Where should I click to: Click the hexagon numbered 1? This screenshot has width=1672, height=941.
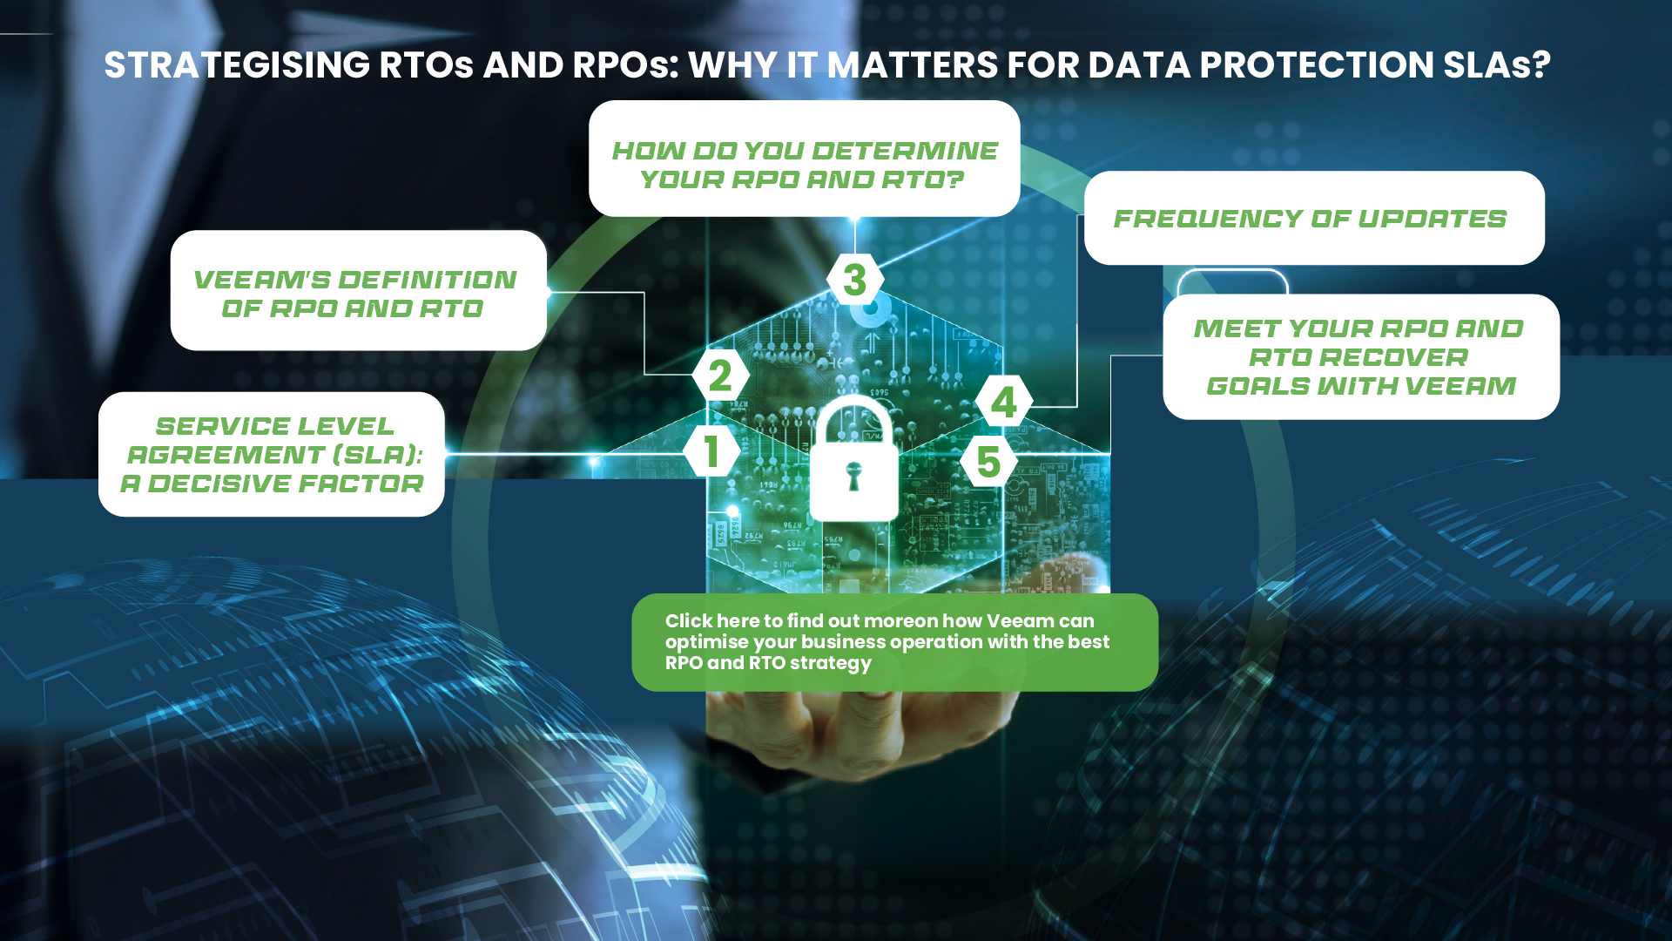pos(711,451)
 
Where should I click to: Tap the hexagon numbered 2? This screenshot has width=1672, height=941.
pos(720,376)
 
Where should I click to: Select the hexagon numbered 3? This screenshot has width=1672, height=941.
pos(855,280)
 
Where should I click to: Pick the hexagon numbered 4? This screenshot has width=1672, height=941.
pos(1004,402)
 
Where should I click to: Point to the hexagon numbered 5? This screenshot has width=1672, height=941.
pos(988,462)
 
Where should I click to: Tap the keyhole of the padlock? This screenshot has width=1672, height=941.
pos(853,475)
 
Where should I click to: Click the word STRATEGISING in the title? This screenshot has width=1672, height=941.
pos(237,65)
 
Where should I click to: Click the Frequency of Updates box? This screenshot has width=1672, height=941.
pos(1314,218)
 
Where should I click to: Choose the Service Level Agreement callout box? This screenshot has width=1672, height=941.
pos(272,454)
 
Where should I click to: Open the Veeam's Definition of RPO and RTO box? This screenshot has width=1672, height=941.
pos(359,290)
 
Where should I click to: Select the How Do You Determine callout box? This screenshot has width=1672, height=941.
pos(805,159)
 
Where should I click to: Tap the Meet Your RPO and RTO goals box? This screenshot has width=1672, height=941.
pos(1361,356)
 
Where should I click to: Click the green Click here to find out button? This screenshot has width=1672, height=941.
pos(895,642)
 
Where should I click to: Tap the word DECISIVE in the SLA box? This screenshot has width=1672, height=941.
pos(229,484)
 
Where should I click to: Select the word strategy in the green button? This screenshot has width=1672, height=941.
pos(830,663)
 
